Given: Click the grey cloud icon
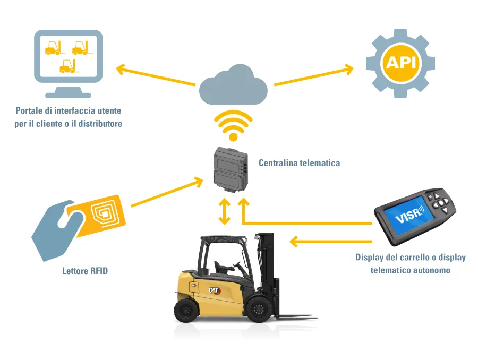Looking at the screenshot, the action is (233, 85).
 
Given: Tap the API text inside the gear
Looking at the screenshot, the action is (400, 63).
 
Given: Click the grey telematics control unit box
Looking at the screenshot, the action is (231, 169).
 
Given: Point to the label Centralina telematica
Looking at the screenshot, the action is (299, 163).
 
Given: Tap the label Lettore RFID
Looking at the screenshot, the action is (85, 271).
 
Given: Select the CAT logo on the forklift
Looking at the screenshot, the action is (215, 290).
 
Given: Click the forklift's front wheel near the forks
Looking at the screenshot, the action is (259, 309).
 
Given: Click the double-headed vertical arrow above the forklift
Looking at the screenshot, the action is (225, 211).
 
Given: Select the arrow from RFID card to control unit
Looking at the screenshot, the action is (167, 192).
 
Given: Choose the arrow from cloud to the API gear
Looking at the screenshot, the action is (314, 75).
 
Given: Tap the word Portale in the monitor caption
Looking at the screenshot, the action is (28, 110).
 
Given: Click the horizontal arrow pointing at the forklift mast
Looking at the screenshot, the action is (330, 242).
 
